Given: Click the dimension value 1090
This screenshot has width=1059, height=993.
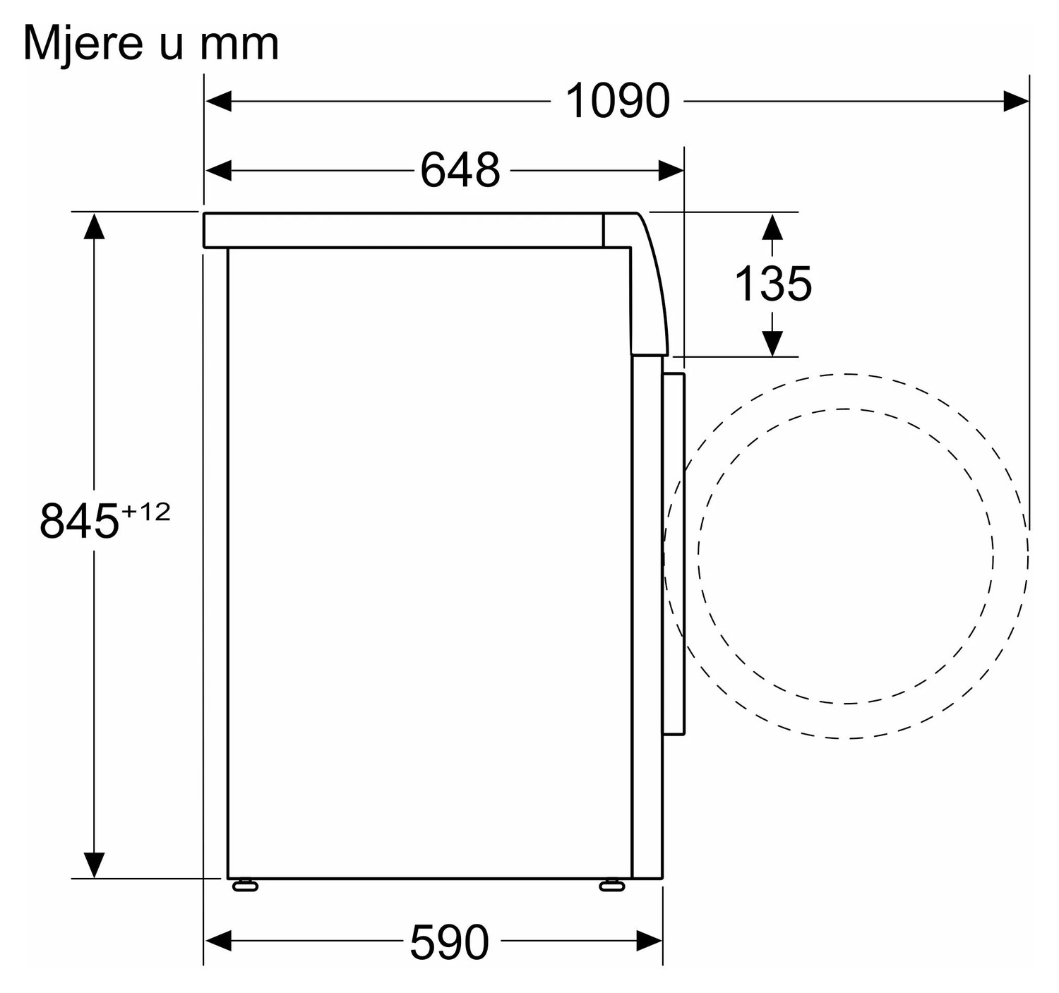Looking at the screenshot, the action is coord(618,101).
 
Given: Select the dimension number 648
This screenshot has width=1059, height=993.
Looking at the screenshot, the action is coord(460,170).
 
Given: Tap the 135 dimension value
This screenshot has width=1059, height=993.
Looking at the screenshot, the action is coord(772,284).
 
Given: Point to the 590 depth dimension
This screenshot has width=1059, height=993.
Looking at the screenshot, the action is coord(449,941).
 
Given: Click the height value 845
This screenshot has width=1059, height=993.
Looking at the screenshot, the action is coord(79,521).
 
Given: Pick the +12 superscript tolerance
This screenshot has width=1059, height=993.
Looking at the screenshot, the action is coord(145,512).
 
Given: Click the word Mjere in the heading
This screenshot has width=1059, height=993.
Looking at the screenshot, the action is coord(83,44).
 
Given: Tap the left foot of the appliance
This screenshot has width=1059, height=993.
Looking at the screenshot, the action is coord(245,885).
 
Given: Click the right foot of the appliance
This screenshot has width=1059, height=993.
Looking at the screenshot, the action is coord(611,885).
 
